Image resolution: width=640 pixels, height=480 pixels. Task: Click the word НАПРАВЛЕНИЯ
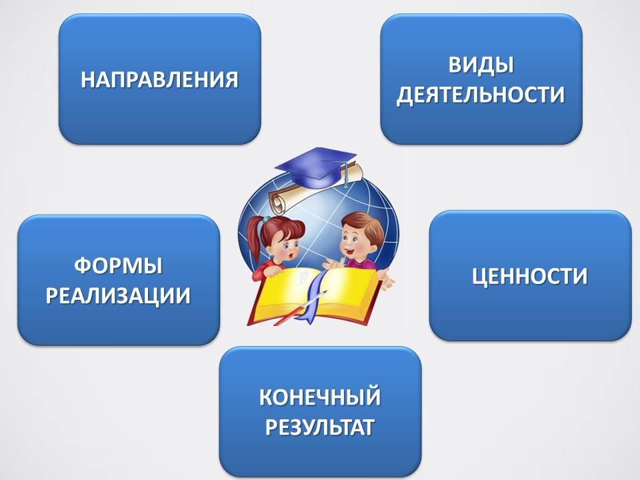[x=159, y=79]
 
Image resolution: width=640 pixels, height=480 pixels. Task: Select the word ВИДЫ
[x=481, y=65]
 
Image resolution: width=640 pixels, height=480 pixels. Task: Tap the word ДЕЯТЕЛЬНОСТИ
[x=481, y=95]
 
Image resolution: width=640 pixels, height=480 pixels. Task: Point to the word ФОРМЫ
[x=119, y=266]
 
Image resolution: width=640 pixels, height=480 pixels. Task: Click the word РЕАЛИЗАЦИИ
[x=119, y=295]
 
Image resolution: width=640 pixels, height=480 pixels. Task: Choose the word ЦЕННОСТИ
[x=530, y=276]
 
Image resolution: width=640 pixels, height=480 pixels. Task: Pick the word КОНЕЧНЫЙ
[x=320, y=397]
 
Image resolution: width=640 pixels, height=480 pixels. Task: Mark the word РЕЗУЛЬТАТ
[x=320, y=427]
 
